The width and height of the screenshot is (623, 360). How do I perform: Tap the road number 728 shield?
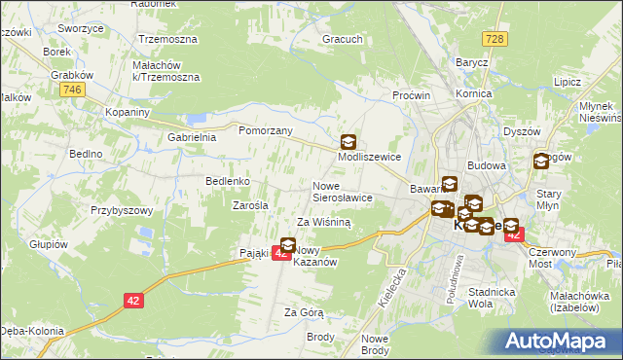(495, 38)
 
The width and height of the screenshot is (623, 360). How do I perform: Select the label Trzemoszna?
(167, 39)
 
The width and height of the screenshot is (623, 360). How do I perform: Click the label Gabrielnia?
(191, 138)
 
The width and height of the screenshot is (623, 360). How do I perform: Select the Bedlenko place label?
(229, 181)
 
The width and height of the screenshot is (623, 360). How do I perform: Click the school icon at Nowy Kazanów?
(288, 245)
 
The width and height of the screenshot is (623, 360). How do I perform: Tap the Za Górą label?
(304, 312)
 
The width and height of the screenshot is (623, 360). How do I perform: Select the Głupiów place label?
(48, 244)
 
